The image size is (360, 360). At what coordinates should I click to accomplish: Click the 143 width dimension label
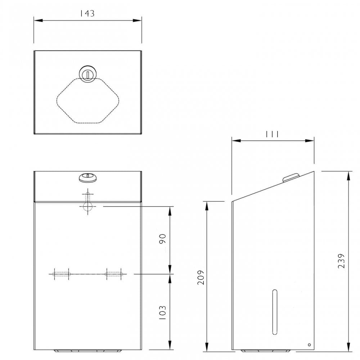(x=87, y=14)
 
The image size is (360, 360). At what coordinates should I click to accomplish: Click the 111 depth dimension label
(x=272, y=134)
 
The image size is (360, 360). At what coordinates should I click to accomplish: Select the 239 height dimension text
(x=342, y=261)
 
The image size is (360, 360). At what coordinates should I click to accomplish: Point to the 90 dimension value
(x=162, y=239)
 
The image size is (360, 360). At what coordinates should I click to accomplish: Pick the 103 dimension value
(x=162, y=313)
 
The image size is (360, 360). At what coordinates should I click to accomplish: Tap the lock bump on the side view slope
(x=291, y=177)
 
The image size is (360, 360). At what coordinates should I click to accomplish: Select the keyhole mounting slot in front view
(x=87, y=204)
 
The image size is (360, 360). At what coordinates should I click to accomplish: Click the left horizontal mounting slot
(x=61, y=274)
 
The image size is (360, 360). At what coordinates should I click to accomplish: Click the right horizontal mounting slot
(x=114, y=274)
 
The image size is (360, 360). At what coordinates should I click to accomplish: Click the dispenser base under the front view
(x=87, y=351)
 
